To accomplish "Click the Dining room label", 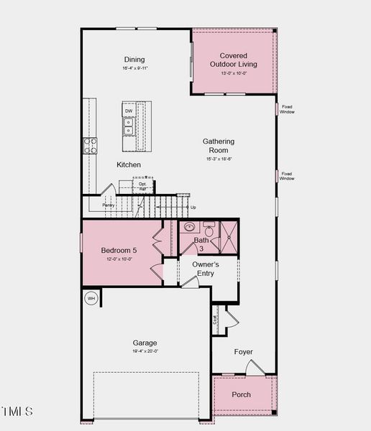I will (134, 60).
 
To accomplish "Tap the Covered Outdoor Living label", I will (233, 60).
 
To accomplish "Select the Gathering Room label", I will (218, 146).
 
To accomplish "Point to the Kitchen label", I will (129, 164).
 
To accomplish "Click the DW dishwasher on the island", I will (129, 111).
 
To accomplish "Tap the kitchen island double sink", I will (129, 128).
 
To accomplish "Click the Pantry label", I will (109, 205).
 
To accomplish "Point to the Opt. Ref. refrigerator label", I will (142, 186).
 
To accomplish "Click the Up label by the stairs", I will (193, 208).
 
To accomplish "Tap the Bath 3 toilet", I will (209, 231).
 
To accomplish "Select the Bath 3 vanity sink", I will (190, 228).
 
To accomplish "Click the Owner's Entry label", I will (205, 269).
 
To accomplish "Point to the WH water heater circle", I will (91, 298).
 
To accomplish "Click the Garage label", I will (145, 343).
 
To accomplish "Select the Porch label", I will (242, 395).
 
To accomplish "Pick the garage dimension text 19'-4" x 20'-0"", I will (145, 352).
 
